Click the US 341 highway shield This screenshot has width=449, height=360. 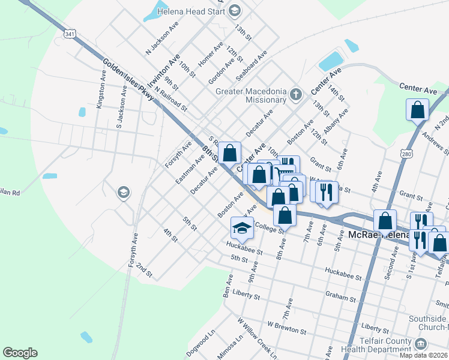tap(71, 34)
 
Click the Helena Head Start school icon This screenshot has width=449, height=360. tap(234, 10)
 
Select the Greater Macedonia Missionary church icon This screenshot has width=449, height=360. tap(295, 94)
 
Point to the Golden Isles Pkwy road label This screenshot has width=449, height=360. tap(128, 79)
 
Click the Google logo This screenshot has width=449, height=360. tap(20, 353)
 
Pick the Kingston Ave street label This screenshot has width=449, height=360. tap(100, 92)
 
